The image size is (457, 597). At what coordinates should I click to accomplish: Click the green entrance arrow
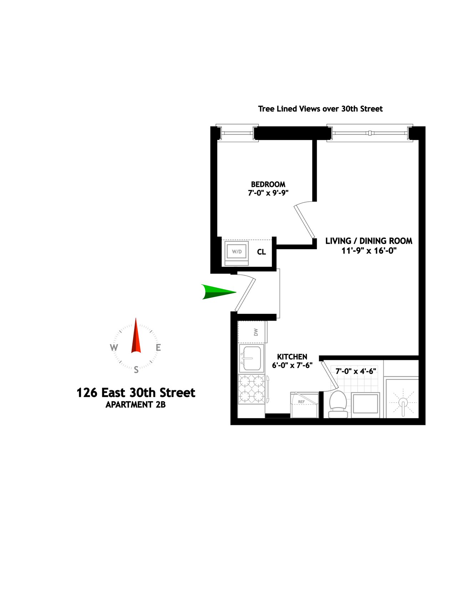[218, 292]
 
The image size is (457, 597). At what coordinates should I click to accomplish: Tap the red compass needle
[136, 336]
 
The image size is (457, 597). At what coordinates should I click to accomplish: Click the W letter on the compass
[114, 348]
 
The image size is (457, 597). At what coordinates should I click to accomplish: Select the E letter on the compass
[158, 347]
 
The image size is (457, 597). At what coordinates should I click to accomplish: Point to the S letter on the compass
[136, 370]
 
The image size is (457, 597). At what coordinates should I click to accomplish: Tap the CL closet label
[261, 252]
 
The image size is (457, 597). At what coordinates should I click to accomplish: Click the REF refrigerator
[305, 405]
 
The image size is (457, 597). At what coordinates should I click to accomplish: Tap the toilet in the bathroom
[338, 404]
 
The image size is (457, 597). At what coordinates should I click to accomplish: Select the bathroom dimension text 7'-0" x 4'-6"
[356, 371]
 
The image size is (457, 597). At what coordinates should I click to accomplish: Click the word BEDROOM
[268, 184]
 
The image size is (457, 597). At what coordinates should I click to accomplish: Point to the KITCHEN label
[292, 357]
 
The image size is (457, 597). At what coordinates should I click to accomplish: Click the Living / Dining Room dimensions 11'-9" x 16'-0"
[369, 251]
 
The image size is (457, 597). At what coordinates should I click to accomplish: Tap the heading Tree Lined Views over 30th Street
[320, 109]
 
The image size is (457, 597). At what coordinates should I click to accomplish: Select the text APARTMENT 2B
[136, 405]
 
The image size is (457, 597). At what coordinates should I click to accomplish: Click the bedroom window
[237, 134]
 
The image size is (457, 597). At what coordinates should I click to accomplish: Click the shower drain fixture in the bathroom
[403, 403]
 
